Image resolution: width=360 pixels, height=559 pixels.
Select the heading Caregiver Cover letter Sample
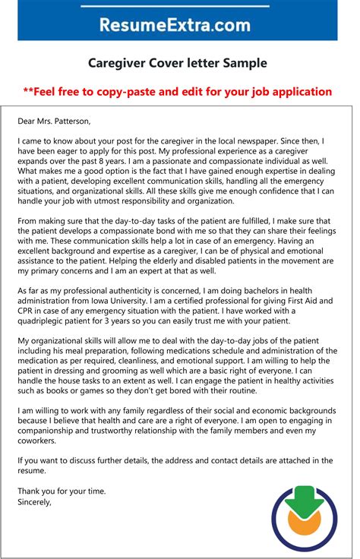click(179, 63)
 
